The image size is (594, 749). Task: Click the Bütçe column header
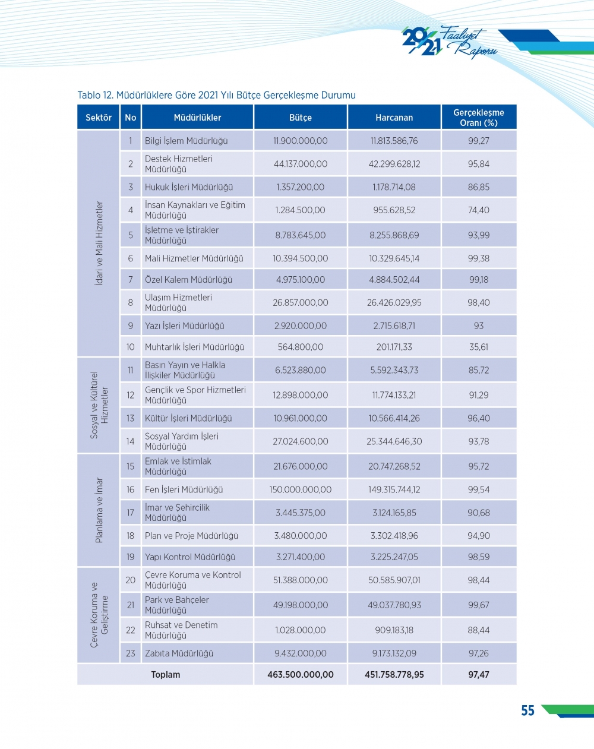pos(300,118)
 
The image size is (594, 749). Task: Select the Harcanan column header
pos(394,118)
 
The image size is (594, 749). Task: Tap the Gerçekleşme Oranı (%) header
pos(478,118)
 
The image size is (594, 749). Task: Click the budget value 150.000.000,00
pos(300,489)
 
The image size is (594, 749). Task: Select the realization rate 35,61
pos(478,347)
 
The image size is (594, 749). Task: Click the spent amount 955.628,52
pos(394,210)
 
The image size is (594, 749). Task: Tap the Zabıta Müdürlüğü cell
pos(179,653)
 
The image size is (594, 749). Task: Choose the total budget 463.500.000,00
pos(300,675)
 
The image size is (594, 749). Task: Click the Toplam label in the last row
pos(165,675)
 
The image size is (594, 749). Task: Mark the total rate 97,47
pos(478,675)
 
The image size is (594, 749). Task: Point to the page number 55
pos(527,711)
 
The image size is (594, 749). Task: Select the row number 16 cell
pos(130,489)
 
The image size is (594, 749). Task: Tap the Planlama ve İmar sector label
pos(99,510)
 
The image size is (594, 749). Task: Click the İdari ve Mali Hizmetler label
pos(99,243)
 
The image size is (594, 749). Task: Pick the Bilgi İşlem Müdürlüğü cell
pos(186,141)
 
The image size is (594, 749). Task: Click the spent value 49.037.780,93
pos(394,605)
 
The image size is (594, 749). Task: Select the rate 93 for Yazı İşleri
pos(478,326)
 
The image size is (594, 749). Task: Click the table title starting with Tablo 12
pos(216,95)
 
